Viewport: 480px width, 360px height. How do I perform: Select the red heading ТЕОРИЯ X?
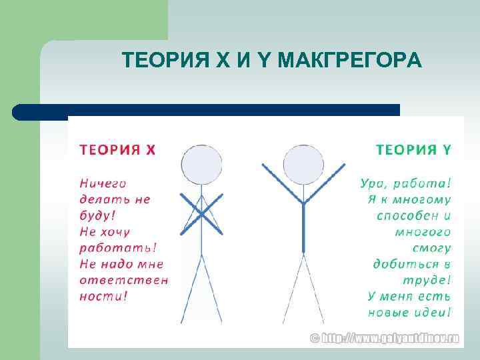click(117, 149)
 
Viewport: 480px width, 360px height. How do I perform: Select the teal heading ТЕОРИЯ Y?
click(414, 149)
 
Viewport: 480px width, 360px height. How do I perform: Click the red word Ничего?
click(103, 183)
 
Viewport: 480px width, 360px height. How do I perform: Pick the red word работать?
click(117, 247)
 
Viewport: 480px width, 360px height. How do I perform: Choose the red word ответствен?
click(123, 279)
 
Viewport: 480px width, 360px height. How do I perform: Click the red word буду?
click(97, 215)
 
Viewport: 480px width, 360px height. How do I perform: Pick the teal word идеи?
click(431, 312)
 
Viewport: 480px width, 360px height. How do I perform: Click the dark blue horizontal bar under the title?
click(207, 110)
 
